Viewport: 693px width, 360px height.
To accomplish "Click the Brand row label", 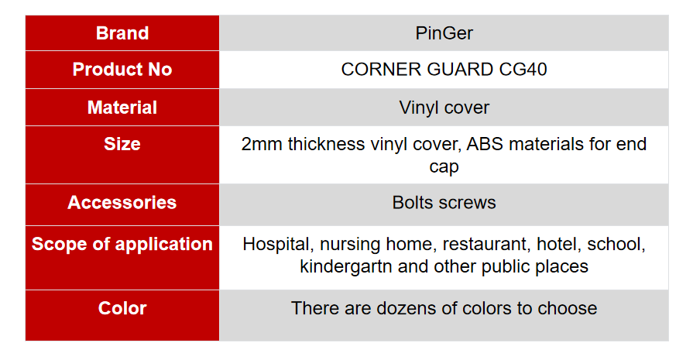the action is [x=122, y=33].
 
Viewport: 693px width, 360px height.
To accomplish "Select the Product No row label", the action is [x=122, y=70].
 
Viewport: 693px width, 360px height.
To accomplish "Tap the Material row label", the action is [x=122, y=108].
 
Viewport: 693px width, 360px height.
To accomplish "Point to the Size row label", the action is [x=122, y=144].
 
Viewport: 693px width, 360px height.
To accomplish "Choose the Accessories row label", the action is [x=122, y=202].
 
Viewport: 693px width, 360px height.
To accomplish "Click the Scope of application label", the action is [x=122, y=244].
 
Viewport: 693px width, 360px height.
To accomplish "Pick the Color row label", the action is [x=122, y=308].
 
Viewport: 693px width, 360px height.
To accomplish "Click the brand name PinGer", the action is [x=444, y=33].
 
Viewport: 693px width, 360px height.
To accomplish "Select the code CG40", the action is [x=523, y=70].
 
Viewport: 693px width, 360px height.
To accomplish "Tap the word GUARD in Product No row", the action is [x=460, y=70].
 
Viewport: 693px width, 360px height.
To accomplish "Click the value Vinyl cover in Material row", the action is [x=444, y=108].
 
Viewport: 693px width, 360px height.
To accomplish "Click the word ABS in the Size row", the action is [x=485, y=144].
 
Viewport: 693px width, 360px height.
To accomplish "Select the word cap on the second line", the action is [x=444, y=167].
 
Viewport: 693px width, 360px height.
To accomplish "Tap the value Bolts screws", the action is [x=444, y=202].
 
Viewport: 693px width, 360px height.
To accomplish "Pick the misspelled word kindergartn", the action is [x=346, y=267].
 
